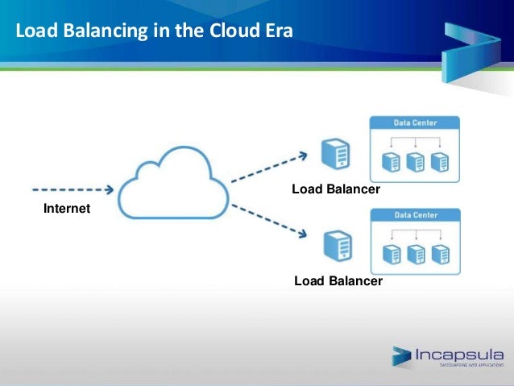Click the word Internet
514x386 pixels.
66,209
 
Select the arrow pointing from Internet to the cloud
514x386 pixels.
73,191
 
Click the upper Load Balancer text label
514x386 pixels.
335,189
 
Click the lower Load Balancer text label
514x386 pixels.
338,281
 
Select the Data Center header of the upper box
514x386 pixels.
415,122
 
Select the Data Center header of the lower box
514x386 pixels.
415,215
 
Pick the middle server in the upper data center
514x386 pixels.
416,162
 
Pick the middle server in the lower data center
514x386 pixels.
416,255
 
